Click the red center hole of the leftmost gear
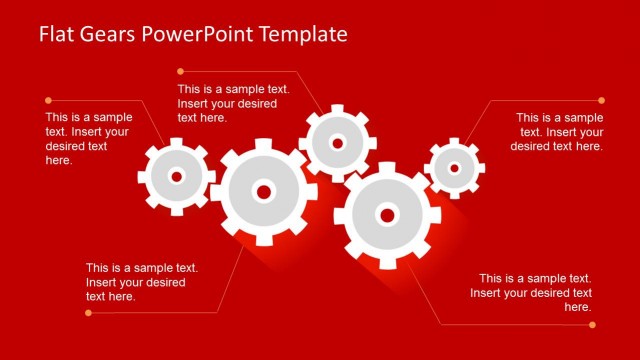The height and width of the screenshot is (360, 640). [177, 176]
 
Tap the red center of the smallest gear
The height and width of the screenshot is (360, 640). [454, 168]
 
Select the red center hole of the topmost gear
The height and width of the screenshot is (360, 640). [337, 143]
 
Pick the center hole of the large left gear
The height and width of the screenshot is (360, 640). [264, 191]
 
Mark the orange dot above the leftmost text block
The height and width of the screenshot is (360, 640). [47, 100]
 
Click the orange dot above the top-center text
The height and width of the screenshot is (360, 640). [181, 71]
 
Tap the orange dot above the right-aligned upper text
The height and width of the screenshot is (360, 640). [601, 100]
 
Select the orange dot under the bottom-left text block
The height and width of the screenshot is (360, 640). [88, 313]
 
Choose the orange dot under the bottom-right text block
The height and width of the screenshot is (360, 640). [592, 323]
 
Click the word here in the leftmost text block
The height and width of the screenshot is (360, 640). [57, 160]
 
